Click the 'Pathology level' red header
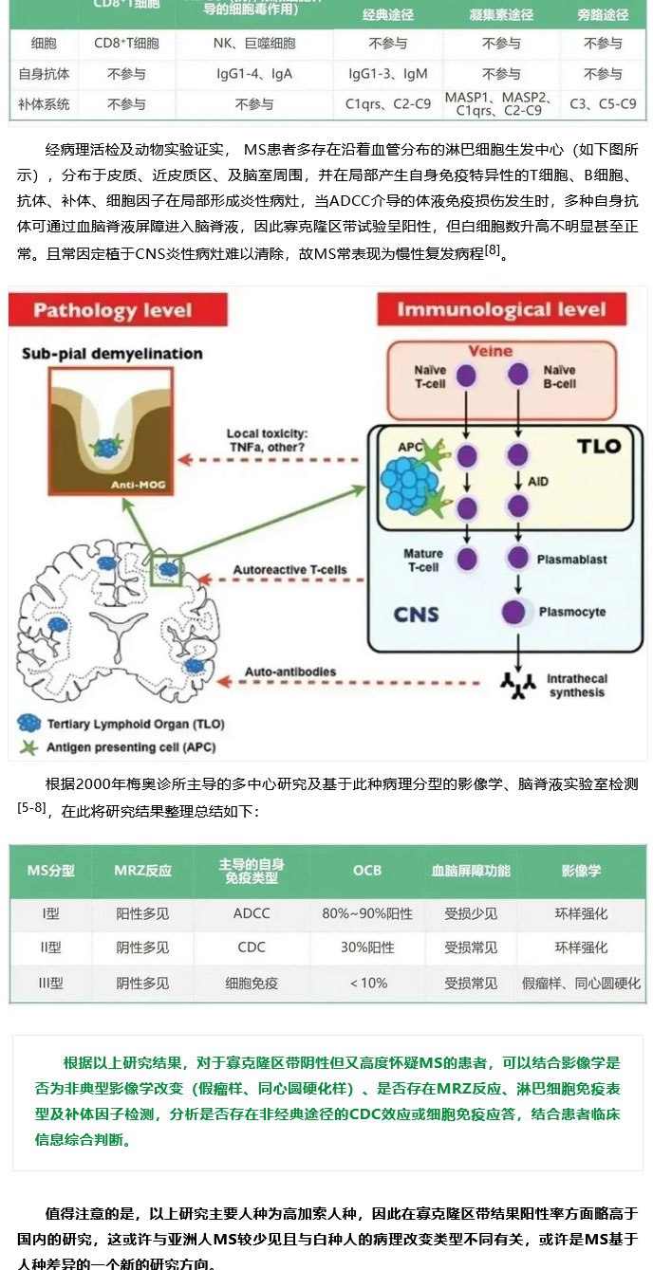tap(112, 310)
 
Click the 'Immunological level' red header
tap(501, 310)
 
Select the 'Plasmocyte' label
tap(572, 612)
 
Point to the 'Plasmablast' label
tap(572, 560)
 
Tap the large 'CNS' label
tap(416, 614)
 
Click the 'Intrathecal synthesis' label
tap(576, 686)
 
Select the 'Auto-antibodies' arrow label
tap(290, 672)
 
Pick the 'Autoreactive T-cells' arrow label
tap(289, 571)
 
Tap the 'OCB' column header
tap(367, 870)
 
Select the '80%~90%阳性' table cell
tap(367, 913)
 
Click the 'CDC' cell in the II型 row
tap(252, 948)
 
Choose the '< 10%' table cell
tap(367, 983)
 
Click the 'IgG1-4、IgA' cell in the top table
tap(254, 73)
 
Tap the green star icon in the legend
tap(29, 747)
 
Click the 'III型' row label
tap(50, 983)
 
